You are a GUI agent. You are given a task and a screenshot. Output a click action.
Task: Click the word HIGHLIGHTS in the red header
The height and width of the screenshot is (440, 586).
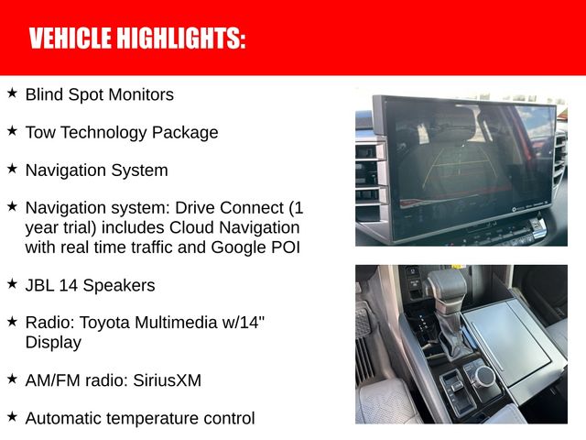(x=186, y=38)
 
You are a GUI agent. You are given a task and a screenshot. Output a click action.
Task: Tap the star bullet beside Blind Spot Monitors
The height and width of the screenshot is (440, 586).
(x=12, y=93)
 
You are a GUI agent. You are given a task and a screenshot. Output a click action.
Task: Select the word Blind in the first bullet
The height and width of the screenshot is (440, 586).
(x=43, y=94)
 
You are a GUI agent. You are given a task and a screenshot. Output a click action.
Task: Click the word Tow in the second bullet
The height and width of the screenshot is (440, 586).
(x=39, y=132)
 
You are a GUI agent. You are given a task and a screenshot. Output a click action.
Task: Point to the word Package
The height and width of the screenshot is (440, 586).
(x=187, y=133)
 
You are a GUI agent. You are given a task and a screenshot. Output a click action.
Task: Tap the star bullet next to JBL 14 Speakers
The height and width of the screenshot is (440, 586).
(x=12, y=284)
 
